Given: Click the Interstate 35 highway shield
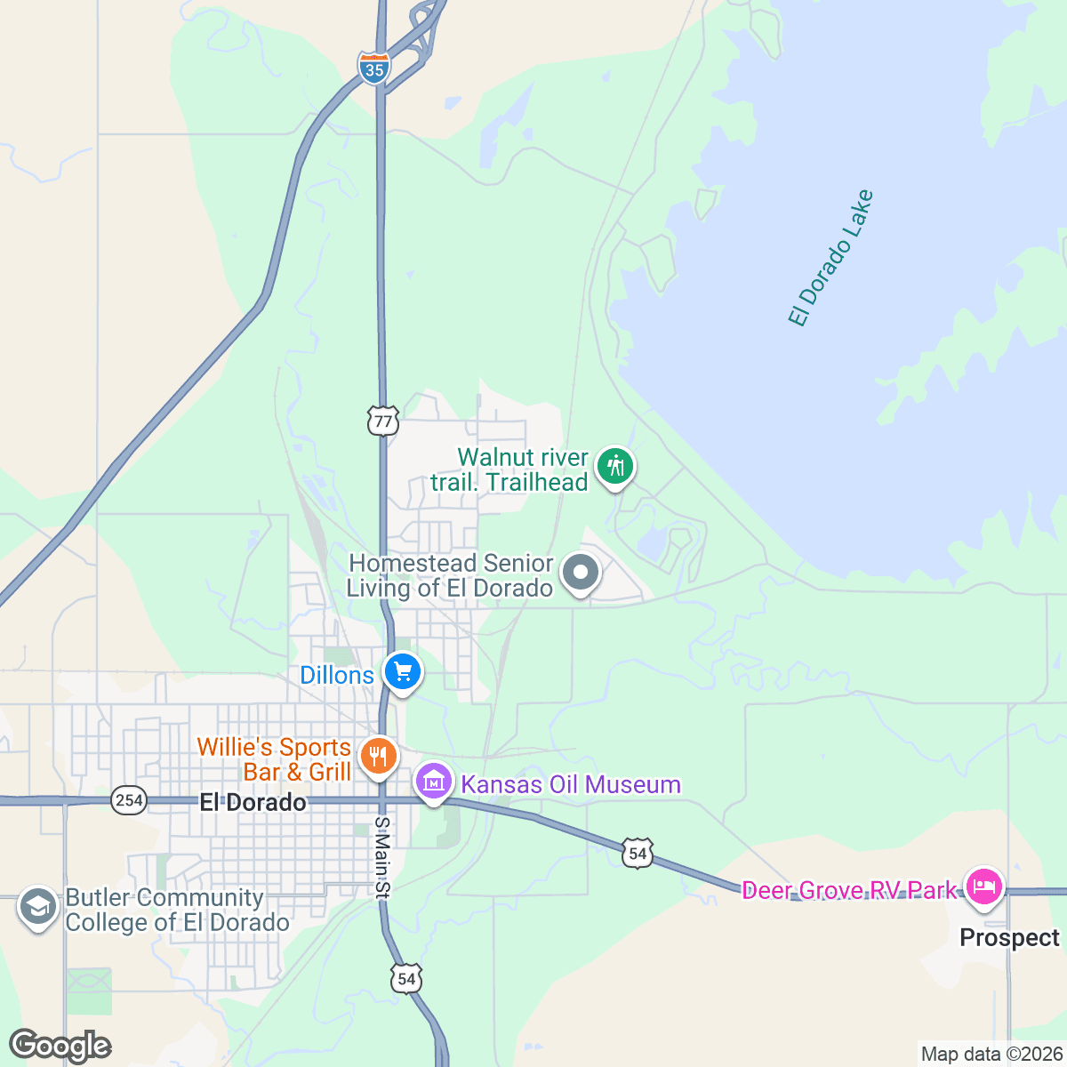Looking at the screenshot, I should pyautogui.click(x=374, y=68).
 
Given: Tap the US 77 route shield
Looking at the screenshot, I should pyautogui.click(x=382, y=421).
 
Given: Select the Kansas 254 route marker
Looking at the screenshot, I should pyautogui.click(x=129, y=800).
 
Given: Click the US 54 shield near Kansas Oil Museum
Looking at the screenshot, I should pyautogui.click(x=638, y=854).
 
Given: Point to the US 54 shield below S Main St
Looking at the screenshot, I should pyautogui.click(x=406, y=979).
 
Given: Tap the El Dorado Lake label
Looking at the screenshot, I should pyautogui.click(x=831, y=258).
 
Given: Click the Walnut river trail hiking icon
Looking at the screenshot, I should pyautogui.click(x=614, y=466).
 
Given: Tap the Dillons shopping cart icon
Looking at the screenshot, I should pyautogui.click(x=403, y=672).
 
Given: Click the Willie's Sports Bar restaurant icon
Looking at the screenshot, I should pyautogui.click(x=379, y=757).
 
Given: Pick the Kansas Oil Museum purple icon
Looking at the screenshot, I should pyautogui.click(x=434, y=782).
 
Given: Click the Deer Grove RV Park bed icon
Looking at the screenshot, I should pyautogui.click(x=983, y=886).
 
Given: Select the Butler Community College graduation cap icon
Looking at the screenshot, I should pyautogui.click(x=37, y=908).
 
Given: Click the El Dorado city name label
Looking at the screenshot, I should pyautogui.click(x=253, y=802).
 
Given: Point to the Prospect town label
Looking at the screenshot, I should pyautogui.click(x=1009, y=938).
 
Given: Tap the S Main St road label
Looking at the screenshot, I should pyautogui.click(x=382, y=858).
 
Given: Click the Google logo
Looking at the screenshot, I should pyautogui.click(x=60, y=1046).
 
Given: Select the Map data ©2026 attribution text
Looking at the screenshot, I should pyautogui.click(x=991, y=1055).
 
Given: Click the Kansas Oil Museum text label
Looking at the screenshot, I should pyautogui.click(x=571, y=784).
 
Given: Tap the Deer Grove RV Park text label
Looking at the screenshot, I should pyautogui.click(x=849, y=890).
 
